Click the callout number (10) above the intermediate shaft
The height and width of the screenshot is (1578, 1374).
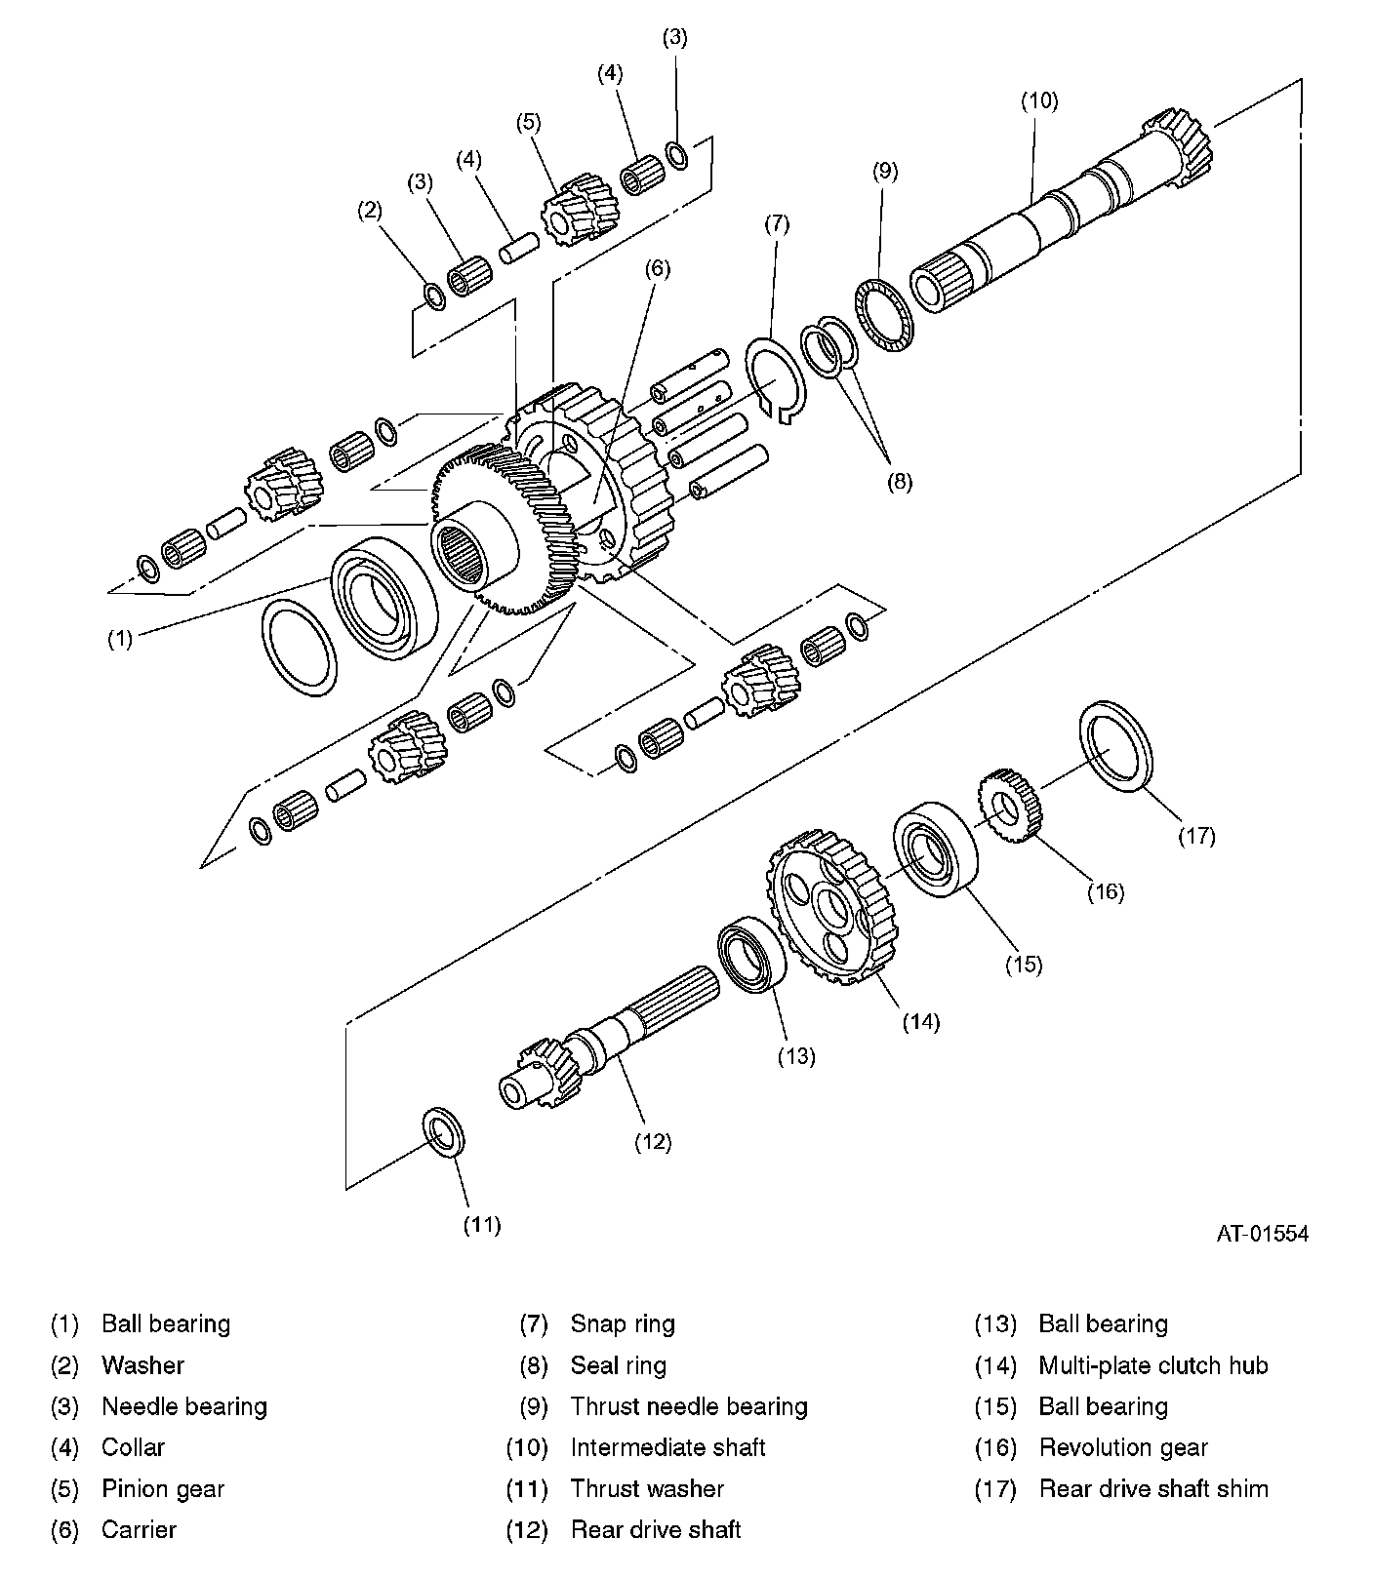coord(1039,100)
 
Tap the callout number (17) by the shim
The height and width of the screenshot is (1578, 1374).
coord(1196,835)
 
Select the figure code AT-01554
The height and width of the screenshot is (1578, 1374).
coord(1262,1234)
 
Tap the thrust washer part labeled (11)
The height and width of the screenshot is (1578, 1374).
coord(444,1131)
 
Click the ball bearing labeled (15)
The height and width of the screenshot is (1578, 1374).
coord(935,848)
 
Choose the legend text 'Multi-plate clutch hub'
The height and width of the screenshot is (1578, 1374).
coord(1152,1365)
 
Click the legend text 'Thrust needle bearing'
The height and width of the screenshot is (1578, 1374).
coord(689,1406)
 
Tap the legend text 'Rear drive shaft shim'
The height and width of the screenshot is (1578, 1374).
coord(1152,1488)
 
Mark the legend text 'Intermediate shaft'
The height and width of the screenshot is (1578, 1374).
coord(667,1447)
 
